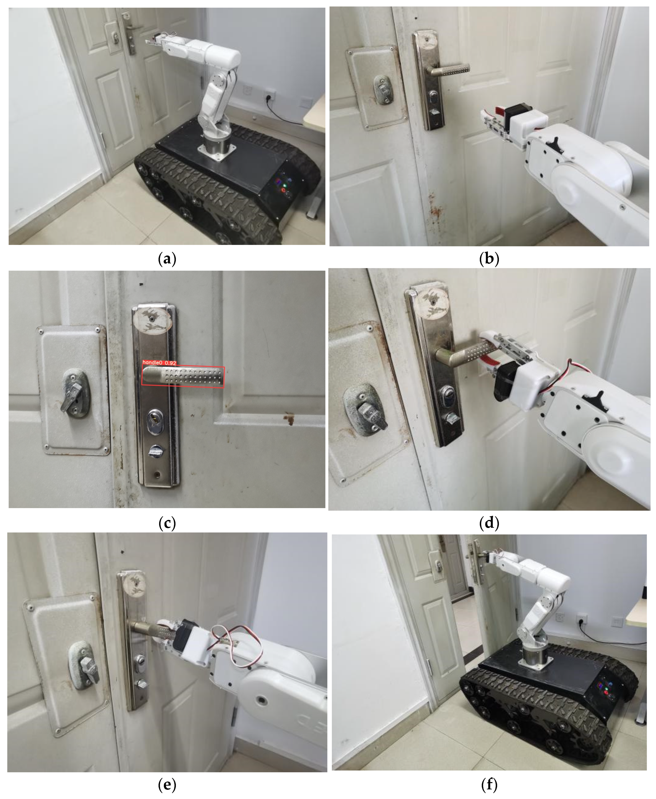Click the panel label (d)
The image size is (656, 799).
click(489, 523)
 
